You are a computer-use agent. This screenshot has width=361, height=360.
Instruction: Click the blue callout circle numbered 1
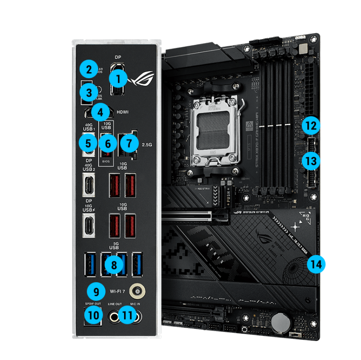118,80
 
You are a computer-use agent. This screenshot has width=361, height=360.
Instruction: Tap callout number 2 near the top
88,70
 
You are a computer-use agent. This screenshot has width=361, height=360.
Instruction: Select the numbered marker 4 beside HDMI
100,112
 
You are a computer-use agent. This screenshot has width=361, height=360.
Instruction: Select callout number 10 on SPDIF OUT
93,316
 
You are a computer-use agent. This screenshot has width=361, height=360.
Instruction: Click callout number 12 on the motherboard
311,125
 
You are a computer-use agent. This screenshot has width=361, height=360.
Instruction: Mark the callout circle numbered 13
311,161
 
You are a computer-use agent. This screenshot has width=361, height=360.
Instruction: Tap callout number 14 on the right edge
316,264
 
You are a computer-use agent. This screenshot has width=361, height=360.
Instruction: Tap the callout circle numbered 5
88,144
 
